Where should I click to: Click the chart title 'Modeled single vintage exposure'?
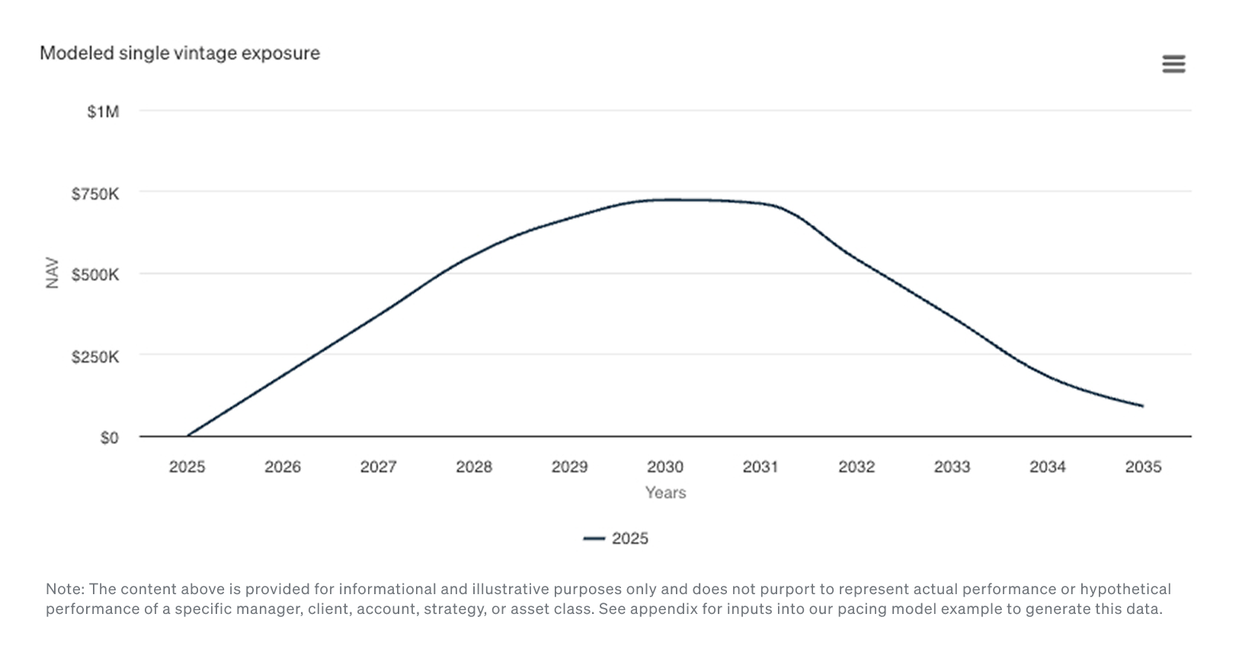click(x=180, y=53)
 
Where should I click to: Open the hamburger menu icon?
click(x=1173, y=64)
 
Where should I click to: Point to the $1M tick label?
click(x=103, y=112)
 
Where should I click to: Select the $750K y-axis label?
click(x=95, y=194)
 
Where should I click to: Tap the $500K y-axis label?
click(x=95, y=275)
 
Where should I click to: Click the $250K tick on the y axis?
click(x=95, y=356)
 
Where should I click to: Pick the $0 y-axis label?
click(x=109, y=438)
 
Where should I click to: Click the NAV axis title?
click(x=52, y=273)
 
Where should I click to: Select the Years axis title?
click(x=665, y=493)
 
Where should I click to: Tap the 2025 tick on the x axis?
click(x=187, y=467)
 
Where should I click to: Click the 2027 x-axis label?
click(x=378, y=467)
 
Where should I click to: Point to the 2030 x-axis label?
click(x=665, y=467)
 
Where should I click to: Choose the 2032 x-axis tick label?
click(x=856, y=467)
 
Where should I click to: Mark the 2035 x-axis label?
click(x=1143, y=467)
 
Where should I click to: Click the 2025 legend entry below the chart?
click(x=616, y=539)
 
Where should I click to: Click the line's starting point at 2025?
click(x=187, y=436)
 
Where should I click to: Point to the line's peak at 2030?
click(x=666, y=200)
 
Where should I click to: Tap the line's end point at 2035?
click(x=1142, y=406)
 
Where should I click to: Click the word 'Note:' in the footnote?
click(x=66, y=589)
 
